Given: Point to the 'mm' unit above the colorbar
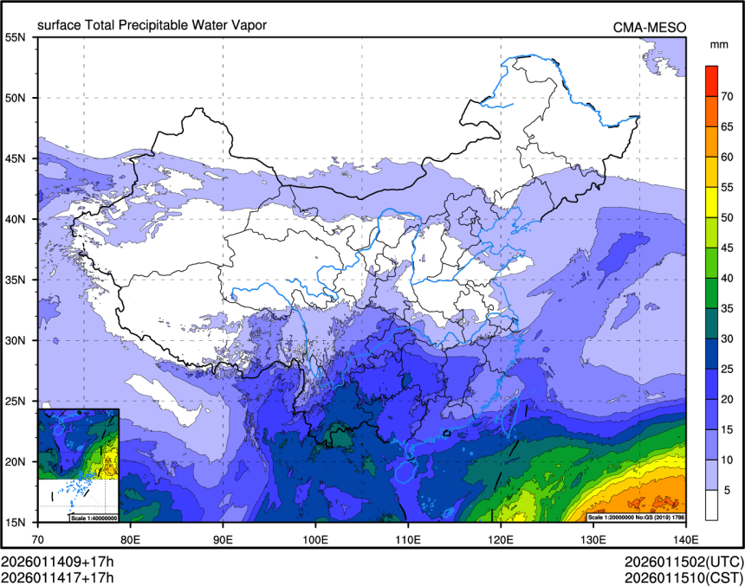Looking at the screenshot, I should coord(718,44).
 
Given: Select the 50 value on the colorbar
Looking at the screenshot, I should coord(729,216).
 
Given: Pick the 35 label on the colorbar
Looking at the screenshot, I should coord(729,307).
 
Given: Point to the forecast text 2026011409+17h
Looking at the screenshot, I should coord(57,560).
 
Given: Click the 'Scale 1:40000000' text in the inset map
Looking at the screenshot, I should coord(93,518).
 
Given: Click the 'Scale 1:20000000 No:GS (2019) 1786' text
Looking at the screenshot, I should coord(635,517).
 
